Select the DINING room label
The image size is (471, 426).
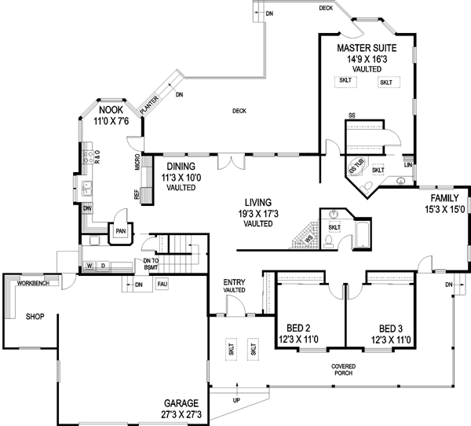180,167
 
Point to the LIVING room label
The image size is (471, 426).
257,202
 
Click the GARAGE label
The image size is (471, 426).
185,402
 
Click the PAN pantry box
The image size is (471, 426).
120,231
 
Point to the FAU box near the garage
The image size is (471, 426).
162,284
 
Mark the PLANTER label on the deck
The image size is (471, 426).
151,105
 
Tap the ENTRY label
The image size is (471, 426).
235,281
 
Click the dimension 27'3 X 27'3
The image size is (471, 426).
185,413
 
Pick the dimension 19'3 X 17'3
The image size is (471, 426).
257,213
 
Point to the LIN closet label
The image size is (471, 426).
408,164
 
